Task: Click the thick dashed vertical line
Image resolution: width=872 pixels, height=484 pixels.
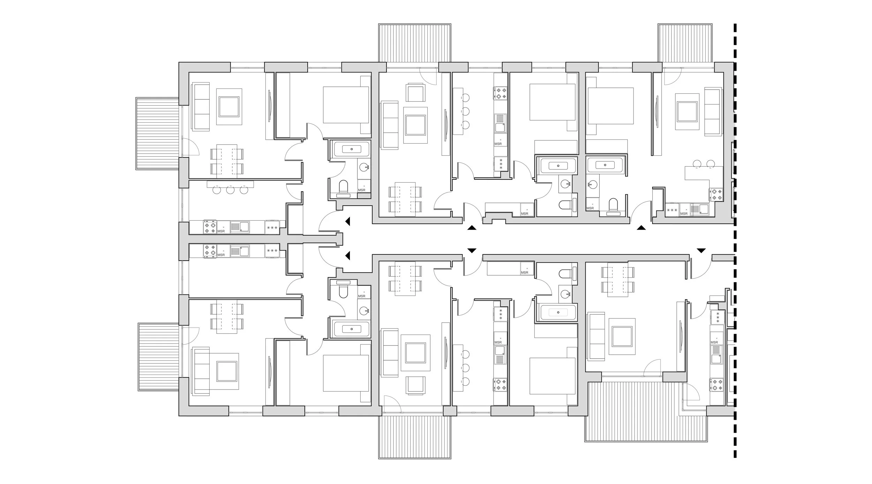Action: click(735, 244)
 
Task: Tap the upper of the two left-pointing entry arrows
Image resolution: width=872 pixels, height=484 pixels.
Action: click(347, 221)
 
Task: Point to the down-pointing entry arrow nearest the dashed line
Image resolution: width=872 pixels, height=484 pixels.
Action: click(701, 251)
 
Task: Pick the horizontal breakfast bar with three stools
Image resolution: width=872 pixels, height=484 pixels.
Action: click(230, 184)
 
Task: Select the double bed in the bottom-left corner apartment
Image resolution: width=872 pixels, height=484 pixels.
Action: click(346, 373)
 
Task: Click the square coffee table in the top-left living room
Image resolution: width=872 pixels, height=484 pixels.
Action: click(229, 107)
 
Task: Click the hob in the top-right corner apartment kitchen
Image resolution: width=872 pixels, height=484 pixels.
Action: click(715, 194)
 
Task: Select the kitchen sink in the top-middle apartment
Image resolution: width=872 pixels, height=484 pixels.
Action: click(500, 123)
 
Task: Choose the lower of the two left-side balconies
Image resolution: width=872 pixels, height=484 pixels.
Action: click(159, 356)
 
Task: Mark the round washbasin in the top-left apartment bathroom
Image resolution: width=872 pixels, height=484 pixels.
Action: click(364, 167)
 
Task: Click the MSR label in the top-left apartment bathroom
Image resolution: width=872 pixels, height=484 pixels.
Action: click(362, 190)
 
